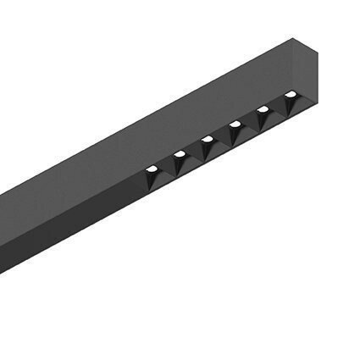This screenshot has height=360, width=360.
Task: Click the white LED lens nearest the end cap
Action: (x=291, y=95)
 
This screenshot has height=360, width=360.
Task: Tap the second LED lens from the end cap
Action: (x=263, y=110)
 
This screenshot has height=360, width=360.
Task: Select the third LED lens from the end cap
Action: (x=235, y=125)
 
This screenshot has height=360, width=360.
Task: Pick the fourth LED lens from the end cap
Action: (x=206, y=139)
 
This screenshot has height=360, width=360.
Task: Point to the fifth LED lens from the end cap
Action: (x=179, y=154)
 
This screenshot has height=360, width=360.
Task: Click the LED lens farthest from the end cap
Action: (x=151, y=169)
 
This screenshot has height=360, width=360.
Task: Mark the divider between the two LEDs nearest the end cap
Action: (x=277, y=108)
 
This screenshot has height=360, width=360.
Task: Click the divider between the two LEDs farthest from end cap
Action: (x=165, y=166)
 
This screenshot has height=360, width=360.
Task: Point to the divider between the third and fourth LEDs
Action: (x=221, y=137)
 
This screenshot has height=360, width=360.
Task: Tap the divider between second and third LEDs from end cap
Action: (x=249, y=123)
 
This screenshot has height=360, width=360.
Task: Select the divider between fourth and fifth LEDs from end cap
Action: (x=193, y=152)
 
